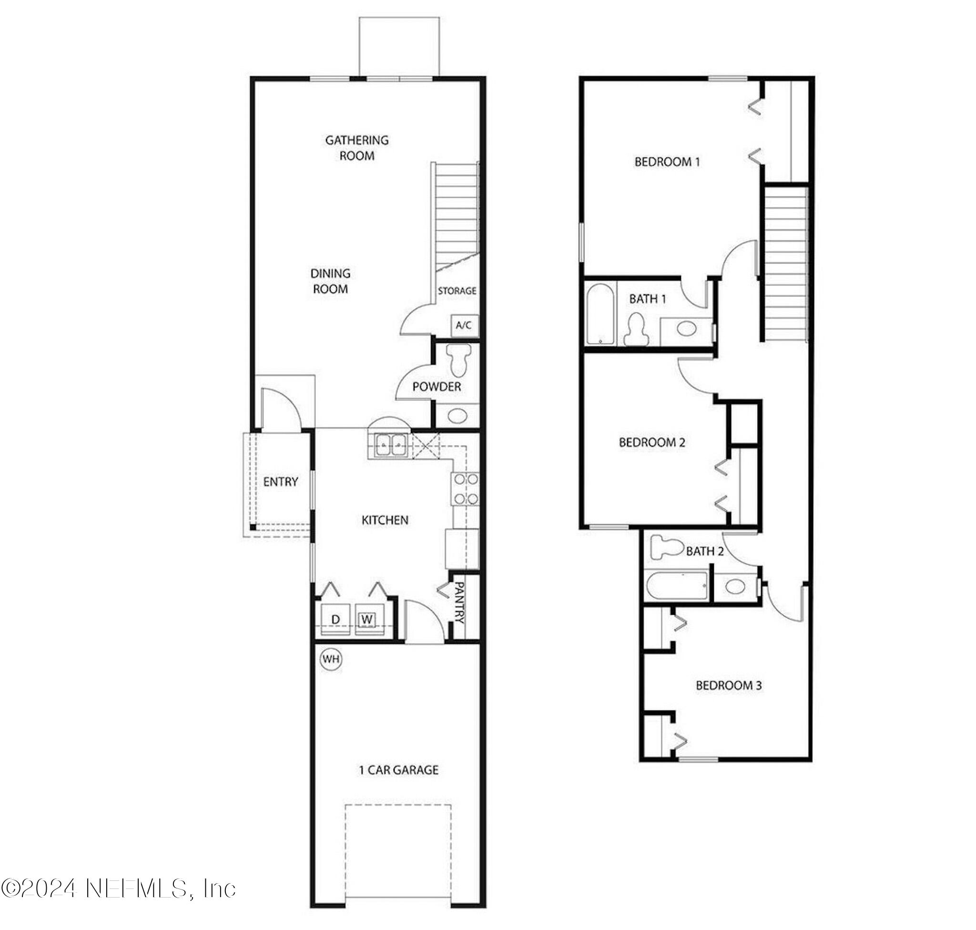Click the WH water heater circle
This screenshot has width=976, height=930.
click(x=331, y=659)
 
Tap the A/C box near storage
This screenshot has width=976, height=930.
click(x=464, y=325)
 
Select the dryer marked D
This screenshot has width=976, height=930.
click(x=335, y=620)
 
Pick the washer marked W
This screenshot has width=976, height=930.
click(x=366, y=619)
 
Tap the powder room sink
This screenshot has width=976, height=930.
click(x=457, y=415)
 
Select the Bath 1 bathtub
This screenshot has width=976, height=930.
click(x=600, y=314)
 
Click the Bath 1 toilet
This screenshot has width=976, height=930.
click(x=636, y=330)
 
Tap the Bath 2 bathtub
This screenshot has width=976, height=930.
click(x=677, y=586)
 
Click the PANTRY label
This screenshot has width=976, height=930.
click(x=459, y=602)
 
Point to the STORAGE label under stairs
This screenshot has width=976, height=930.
click(x=457, y=291)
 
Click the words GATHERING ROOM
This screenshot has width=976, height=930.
click(x=357, y=148)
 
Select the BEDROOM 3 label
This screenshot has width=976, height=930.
click(x=728, y=685)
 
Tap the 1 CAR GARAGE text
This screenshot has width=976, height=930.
click(x=399, y=770)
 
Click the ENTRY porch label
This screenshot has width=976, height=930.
click(x=280, y=481)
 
